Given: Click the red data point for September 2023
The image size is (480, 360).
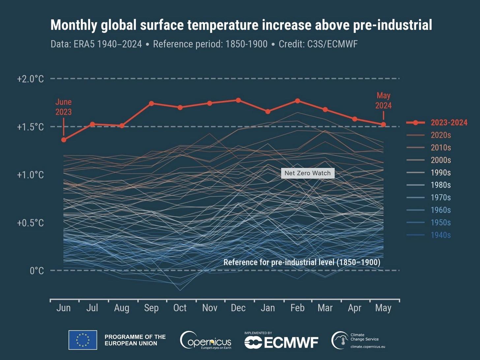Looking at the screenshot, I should (x=151, y=104).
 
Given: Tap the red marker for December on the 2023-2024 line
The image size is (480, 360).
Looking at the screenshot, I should (x=238, y=100).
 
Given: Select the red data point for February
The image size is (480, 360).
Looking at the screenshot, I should (x=297, y=101).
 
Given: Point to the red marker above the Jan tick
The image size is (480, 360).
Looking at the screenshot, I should (x=268, y=111).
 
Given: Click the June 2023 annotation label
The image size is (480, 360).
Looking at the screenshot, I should (x=63, y=107).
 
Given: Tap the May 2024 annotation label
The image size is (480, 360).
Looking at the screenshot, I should (x=383, y=101).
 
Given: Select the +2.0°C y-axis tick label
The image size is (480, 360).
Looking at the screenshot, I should (x=30, y=79).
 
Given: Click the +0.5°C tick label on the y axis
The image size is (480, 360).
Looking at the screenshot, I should (x=30, y=223).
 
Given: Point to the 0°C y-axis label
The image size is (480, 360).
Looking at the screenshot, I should (x=37, y=271).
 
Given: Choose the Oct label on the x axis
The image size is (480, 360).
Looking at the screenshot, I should (x=180, y=308).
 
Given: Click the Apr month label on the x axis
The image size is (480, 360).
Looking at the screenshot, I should (x=354, y=308).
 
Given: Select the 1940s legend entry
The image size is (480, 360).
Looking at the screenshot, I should (x=440, y=235).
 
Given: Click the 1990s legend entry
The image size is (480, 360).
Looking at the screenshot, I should (x=440, y=173).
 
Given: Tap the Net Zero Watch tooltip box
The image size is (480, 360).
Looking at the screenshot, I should (x=308, y=173).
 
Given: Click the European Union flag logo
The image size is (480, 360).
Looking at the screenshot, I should (x=83, y=340).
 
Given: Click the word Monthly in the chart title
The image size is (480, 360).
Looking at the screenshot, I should (x=74, y=25).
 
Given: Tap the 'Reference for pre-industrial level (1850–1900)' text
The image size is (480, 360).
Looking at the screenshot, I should (x=302, y=262).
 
